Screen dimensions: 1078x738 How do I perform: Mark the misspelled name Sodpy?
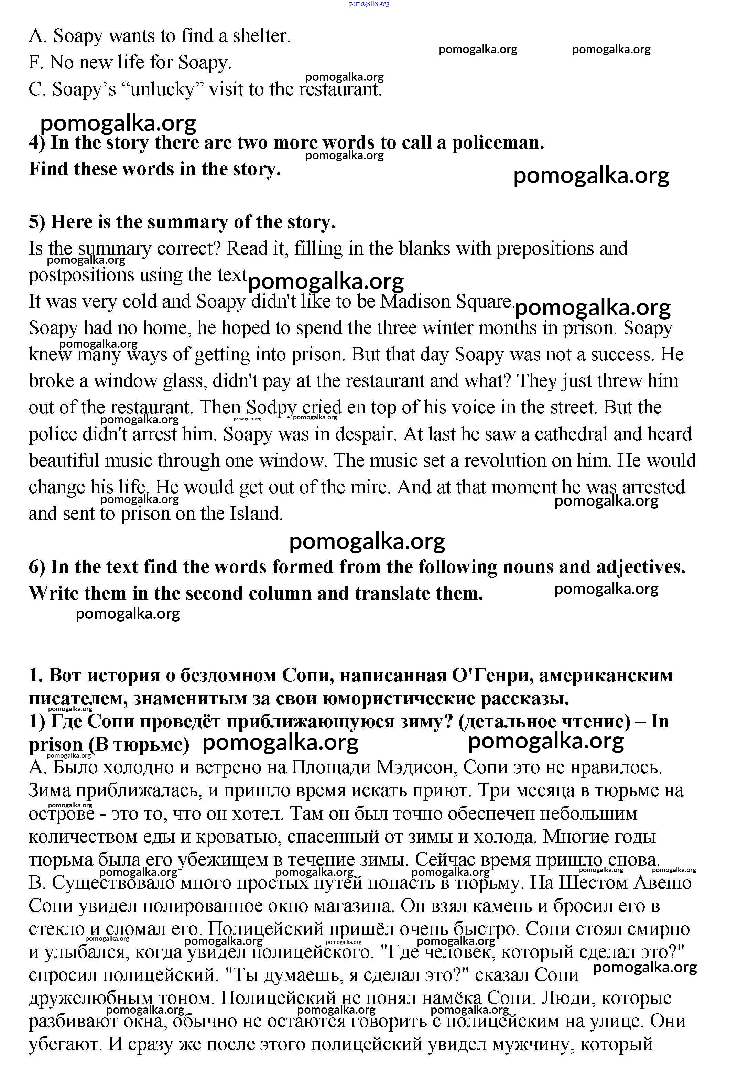pos(271,408)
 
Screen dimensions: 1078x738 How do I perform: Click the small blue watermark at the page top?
pos(369,4)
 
